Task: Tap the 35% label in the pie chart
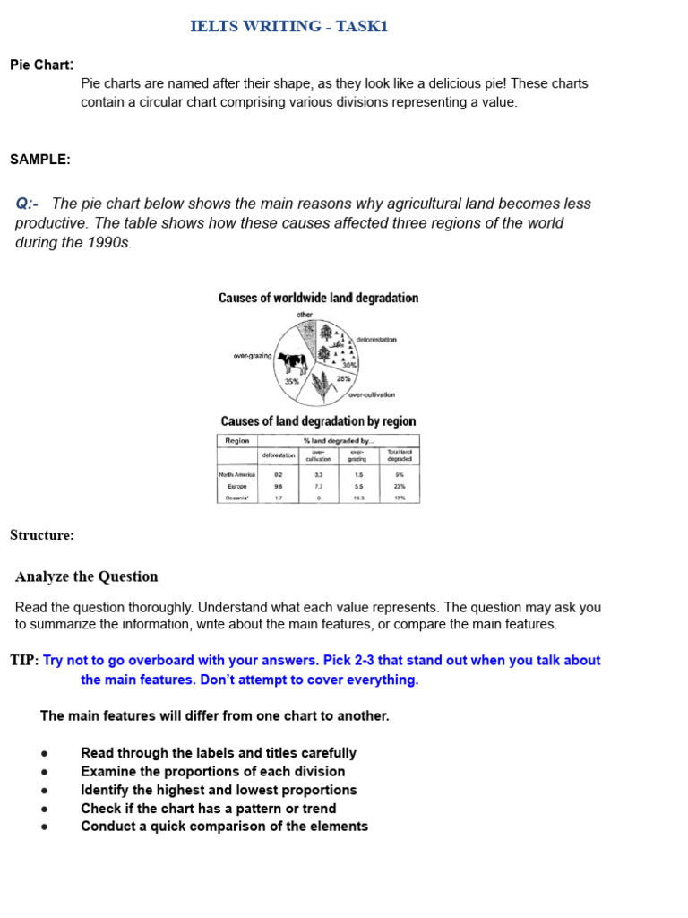[292, 381]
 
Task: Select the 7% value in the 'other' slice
[308, 329]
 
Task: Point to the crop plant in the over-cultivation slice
[319, 386]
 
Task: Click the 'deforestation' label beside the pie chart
[376, 340]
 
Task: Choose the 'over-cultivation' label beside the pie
[372, 394]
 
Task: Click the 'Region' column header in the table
[237, 440]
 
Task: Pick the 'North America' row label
[237, 473]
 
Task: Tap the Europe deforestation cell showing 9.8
[278, 486]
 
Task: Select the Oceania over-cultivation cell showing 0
[319, 498]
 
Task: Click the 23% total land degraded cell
[400, 486]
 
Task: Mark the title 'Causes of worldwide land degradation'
[318, 298]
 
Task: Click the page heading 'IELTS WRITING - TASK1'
[289, 27]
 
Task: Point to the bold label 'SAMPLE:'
[40, 160]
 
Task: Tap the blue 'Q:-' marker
[27, 204]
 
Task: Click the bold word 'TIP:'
[24, 661]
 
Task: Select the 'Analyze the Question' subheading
[87, 576]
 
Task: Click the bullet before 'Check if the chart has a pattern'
[45, 809]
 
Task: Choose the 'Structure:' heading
[42, 535]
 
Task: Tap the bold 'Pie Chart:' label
[42, 65]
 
